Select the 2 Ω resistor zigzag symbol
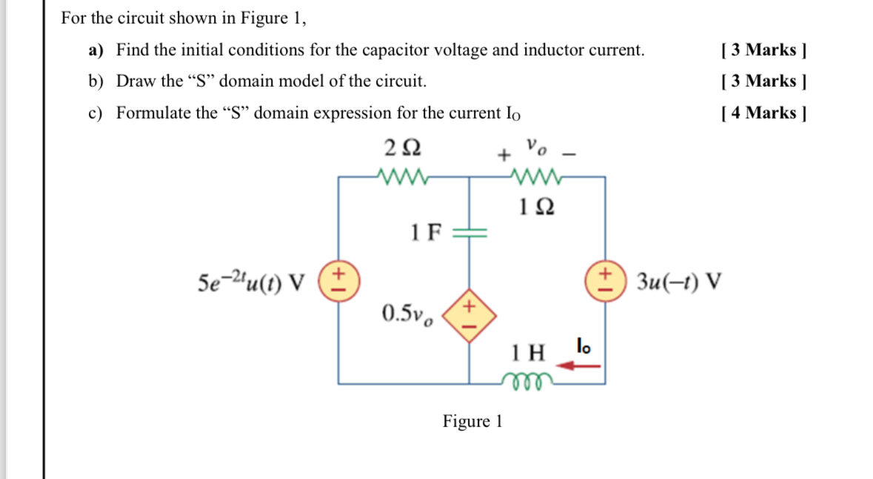click(400, 176)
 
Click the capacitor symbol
click(470, 233)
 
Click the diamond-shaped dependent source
click(469, 314)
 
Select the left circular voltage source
click(338, 283)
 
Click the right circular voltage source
click(606, 283)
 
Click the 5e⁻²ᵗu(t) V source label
click(252, 283)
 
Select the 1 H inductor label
click(529, 350)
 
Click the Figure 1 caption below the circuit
click(472, 422)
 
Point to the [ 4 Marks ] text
click(763, 113)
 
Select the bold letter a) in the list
click(96, 50)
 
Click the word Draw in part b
click(134, 82)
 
